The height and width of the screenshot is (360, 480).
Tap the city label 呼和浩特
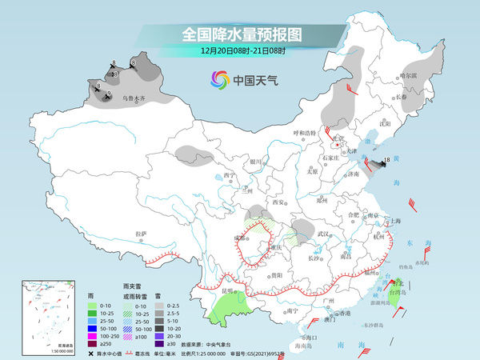point(304,132)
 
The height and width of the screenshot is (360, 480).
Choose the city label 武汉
point(323,233)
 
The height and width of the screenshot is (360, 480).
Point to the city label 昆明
point(230,290)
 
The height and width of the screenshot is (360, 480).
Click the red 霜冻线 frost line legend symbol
point(130,353)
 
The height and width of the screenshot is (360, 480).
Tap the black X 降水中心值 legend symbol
point(91,353)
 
